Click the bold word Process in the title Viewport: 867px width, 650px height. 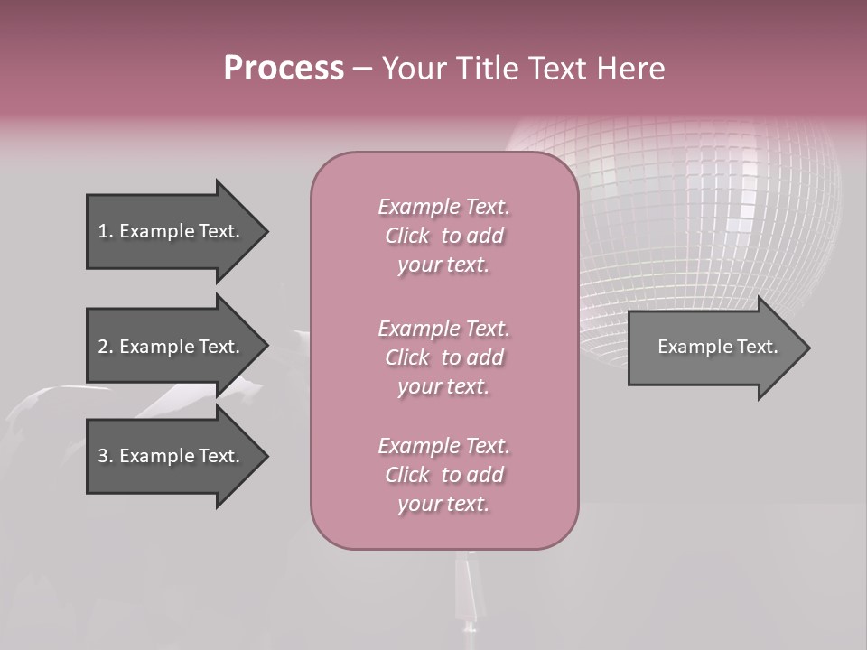284,69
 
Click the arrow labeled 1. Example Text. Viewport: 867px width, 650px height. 172,231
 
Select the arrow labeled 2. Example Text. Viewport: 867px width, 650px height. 172,347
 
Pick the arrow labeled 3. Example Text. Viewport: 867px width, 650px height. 172,456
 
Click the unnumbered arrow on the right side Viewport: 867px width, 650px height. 713,348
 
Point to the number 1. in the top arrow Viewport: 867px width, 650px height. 106,231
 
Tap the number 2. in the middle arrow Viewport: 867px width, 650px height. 106,347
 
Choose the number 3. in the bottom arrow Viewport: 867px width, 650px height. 106,456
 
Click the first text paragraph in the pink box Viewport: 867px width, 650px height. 443,236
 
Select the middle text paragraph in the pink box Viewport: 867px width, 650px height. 443,357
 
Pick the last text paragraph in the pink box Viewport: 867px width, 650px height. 443,475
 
